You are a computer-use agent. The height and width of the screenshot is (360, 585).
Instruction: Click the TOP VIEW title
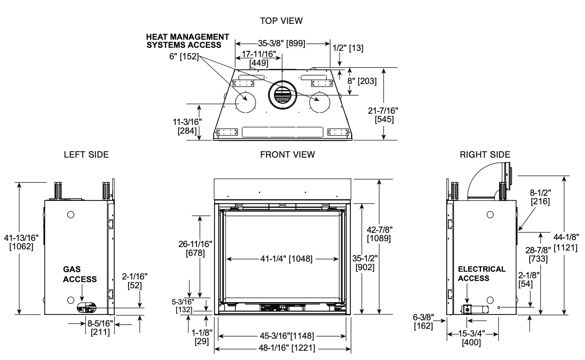pos(281,21)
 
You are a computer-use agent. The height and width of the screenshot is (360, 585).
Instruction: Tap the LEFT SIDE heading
pos(86,155)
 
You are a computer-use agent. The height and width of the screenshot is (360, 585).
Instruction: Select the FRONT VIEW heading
pos(287,155)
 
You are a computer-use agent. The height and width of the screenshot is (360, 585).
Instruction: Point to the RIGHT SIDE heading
pos(485,155)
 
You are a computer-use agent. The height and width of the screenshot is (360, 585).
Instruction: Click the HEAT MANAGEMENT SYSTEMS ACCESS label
pos(188,41)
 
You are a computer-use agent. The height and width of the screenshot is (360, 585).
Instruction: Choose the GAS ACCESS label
pos(80,274)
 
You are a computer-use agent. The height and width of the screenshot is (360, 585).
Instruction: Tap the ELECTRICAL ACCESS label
pos(482,274)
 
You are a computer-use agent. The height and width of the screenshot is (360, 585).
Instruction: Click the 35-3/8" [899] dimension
pos(282,44)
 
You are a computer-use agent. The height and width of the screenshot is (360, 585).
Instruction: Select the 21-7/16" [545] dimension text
pos(383,115)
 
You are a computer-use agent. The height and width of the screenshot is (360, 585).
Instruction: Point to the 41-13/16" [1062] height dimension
pos(21,242)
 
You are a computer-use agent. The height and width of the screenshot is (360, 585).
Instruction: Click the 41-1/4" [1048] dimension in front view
pos(286,259)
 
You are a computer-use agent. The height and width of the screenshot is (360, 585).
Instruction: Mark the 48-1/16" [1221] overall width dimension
pos(287,348)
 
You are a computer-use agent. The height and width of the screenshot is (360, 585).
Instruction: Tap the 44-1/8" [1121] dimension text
pos(566,242)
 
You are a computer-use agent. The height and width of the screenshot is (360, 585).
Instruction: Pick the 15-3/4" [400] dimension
pos(472,338)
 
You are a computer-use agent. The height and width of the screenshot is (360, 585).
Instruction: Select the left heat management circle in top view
pos(245,103)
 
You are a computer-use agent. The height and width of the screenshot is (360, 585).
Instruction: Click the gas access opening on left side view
pos(86,308)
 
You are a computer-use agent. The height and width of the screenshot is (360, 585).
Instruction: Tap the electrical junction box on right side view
pos(466,310)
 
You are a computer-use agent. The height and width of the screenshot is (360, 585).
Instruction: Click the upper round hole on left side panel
pos(71,215)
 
